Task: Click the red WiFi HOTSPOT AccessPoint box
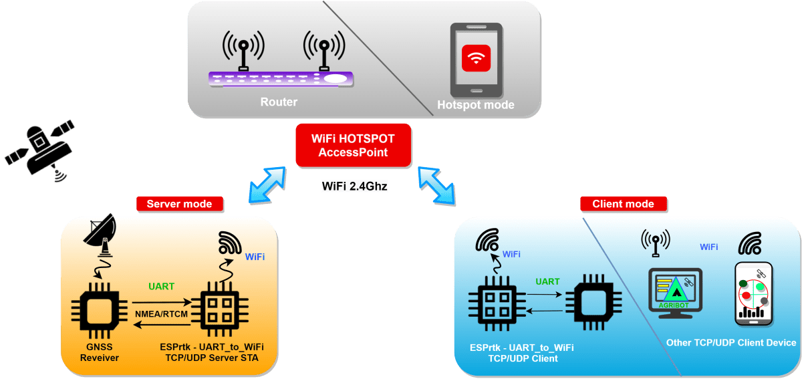[x=354, y=145]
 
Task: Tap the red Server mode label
[x=179, y=204]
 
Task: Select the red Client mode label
[x=623, y=204]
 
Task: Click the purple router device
[x=281, y=78]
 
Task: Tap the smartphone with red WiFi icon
[x=475, y=60]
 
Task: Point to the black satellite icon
[x=42, y=148]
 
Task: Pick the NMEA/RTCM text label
[x=160, y=313]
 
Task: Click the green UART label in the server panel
[x=161, y=287]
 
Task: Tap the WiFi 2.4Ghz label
[x=354, y=186]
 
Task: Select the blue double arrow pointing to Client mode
[x=437, y=185]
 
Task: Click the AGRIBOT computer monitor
[x=675, y=289]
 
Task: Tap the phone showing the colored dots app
[x=754, y=294]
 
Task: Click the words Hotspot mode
[x=475, y=105]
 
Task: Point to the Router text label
[x=279, y=102]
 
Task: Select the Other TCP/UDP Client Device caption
[x=731, y=343]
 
